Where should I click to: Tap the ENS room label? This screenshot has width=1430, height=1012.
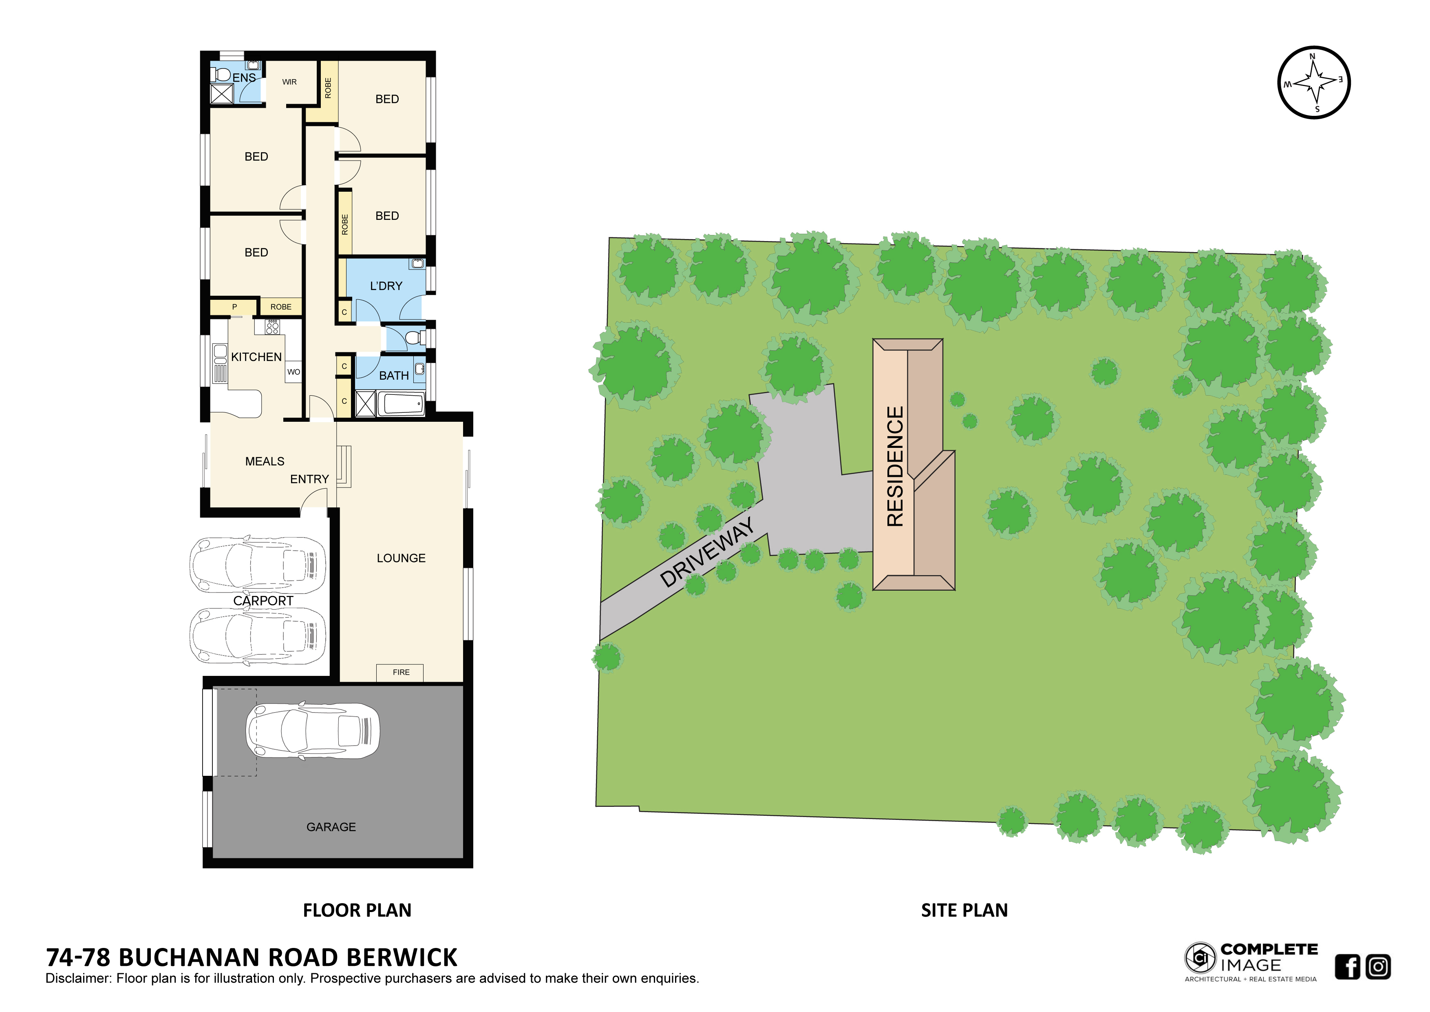pos(244,78)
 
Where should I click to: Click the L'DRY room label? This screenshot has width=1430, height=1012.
pos(386,286)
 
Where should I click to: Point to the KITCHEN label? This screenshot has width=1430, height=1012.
pos(256,357)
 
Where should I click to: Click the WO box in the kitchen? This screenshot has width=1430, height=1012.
pos(294,372)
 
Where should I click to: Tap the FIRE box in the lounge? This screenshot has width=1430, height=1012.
pos(400,672)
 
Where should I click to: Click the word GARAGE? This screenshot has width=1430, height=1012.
pos(331,827)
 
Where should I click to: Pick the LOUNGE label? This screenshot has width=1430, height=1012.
pos(401,558)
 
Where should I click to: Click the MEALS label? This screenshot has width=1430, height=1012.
pos(265,462)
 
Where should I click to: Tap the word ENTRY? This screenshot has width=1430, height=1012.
pos(309,479)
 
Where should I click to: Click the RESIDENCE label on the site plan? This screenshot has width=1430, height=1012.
pos(895,466)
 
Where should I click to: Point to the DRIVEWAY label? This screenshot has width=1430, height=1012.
pos(707,552)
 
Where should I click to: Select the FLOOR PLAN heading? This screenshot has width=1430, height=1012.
pos(357,910)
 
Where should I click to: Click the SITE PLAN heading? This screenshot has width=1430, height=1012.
pos(964,910)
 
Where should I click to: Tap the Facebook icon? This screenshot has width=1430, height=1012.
pos(1348,967)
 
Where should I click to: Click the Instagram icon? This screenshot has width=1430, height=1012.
pos(1378,967)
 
